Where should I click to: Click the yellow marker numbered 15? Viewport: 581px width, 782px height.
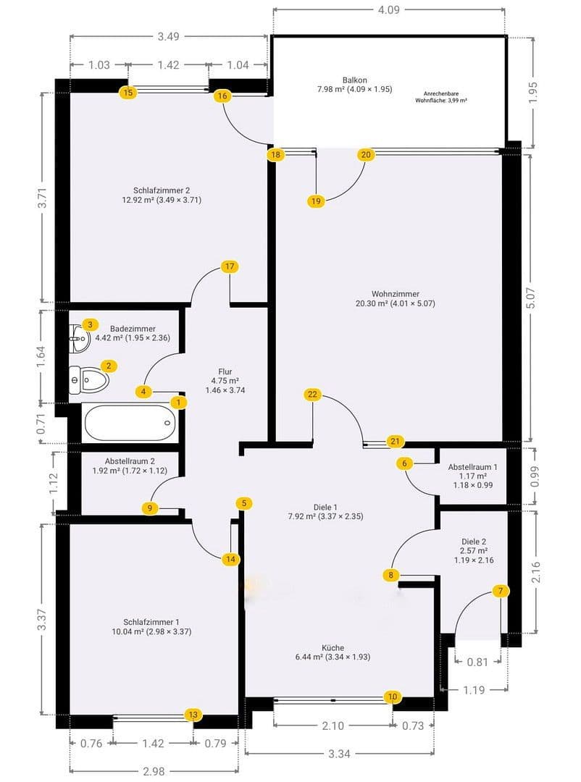point(128,92)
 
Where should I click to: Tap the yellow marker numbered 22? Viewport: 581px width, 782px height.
point(312,395)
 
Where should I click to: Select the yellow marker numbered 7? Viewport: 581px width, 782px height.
point(501,591)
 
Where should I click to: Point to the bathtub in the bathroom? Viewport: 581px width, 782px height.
point(130,423)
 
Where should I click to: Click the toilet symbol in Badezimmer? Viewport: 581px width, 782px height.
point(88,380)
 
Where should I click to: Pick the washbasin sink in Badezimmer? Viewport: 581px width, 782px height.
point(80,338)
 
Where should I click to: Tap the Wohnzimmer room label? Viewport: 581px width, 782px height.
point(396,294)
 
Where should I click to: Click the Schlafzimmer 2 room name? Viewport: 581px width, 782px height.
point(162,190)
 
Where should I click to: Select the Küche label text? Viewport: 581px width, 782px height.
point(333,647)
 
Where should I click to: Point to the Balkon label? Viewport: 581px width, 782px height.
point(355,80)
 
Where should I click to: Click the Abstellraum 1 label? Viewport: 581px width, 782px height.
point(472,467)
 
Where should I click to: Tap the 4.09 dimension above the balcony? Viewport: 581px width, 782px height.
point(388,9)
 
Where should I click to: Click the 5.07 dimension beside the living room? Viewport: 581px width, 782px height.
point(530,298)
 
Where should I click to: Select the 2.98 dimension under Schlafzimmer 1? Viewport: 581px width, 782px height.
point(154,771)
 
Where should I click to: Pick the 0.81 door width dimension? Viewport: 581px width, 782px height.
point(477,662)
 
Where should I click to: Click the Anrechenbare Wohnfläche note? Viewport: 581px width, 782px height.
point(440,97)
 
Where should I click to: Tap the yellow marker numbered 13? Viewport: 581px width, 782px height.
point(193,715)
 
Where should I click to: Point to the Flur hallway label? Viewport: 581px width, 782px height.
point(225,371)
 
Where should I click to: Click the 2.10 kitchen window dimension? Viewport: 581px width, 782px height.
point(333,726)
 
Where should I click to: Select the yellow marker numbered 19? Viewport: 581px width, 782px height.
point(315,201)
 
